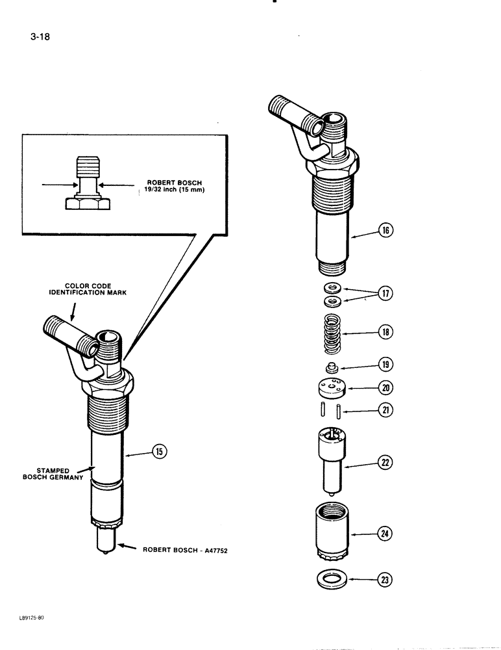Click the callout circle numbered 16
(385, 229)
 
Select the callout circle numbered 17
(385, 294)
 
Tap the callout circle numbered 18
(385, 332)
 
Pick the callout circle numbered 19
(385, 365)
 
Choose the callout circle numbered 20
(385, 388)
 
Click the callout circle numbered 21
(385, 411)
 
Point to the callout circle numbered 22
(385, 463)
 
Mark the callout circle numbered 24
(385, 534)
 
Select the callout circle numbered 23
(385, 578)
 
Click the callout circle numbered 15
(158, 450)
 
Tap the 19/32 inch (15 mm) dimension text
(170, 190)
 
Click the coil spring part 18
(332, 331)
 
